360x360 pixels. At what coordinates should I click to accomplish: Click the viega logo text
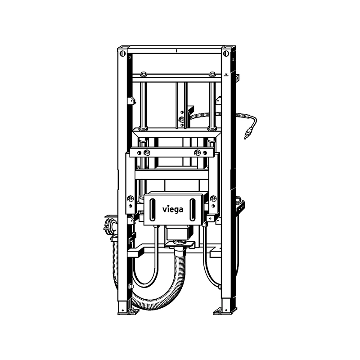pyautogui.click(x=173, y=210)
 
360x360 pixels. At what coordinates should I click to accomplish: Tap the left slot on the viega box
pyautogui.click(x=153, y=210)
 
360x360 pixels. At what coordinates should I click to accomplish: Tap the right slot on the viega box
pyautogui.click(x=193, y=210)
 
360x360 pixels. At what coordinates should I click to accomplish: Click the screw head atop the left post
pyautogui.click(x=122, y=54)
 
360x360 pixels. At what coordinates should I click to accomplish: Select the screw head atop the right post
pyautogui.click(x=226, y=54)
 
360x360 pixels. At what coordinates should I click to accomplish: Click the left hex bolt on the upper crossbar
pyautogui.click(x=143, y=74)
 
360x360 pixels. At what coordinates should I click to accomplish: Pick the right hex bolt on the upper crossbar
pyautogui.click(x=212, y=74)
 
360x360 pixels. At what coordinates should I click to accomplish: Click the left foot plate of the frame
pyautogui.click(x=129, y=312)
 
